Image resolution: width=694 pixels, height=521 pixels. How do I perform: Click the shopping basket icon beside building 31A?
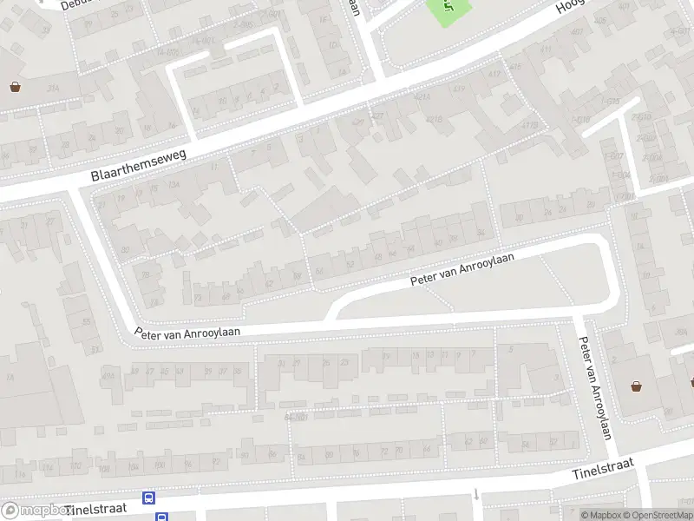(16, 86)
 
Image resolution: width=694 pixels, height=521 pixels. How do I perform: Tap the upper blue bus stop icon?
(149, 498)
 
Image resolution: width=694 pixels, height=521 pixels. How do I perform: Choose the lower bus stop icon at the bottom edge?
(161, 517)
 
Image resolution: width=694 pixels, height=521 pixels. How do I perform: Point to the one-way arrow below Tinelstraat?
(476, 495)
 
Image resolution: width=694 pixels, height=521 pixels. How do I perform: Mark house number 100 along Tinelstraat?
(105, 469)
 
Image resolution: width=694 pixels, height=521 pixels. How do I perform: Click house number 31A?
(52, 89)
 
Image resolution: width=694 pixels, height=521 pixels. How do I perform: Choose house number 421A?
(422, 97)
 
